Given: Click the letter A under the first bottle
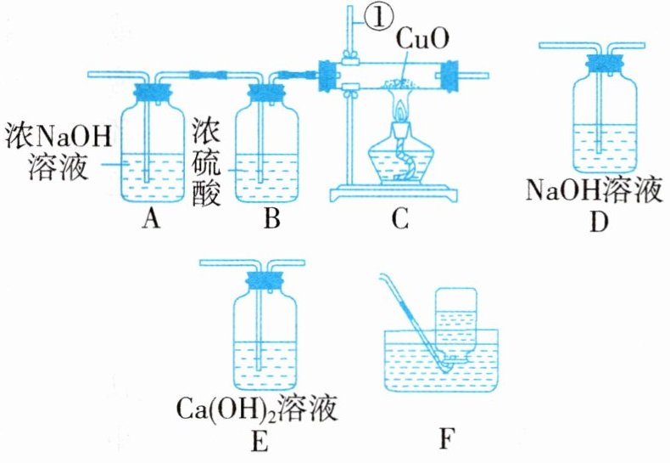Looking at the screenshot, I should tap(152, 220).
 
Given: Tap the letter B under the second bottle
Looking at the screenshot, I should tap(271, 220).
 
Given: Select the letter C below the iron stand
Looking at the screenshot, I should tap(400, 220).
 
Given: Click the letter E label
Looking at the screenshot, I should tap(260, 441).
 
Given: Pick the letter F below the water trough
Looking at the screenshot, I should tap(448, 441).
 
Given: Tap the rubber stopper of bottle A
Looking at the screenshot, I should tap(153, 86).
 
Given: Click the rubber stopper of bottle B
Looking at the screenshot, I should tap(271, 86).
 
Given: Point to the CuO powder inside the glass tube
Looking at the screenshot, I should tap(399, 82).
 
